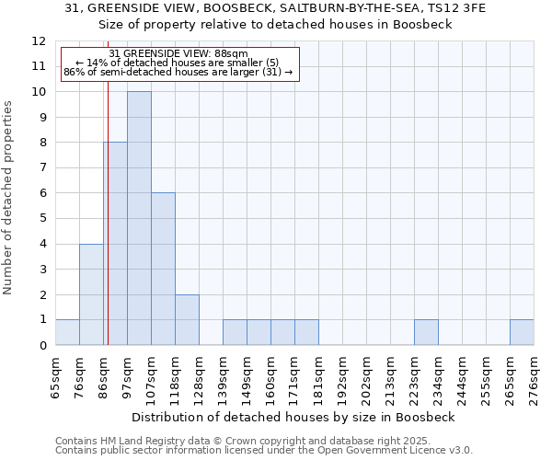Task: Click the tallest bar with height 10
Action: coord(139,218)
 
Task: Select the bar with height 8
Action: coord(115,244)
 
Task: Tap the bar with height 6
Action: coord(163,269)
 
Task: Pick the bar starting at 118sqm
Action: coord(187,319)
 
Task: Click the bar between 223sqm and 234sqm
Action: coord(426,332)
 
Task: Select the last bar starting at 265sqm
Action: coord(522,332)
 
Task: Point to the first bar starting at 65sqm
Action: coord(67,332)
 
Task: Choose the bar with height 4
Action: coord(91,294)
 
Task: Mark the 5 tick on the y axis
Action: coord(42,219)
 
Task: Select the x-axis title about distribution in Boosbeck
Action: coord(293,417)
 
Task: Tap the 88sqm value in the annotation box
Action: coord(229,54)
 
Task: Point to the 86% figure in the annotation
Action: coord(74,72)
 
